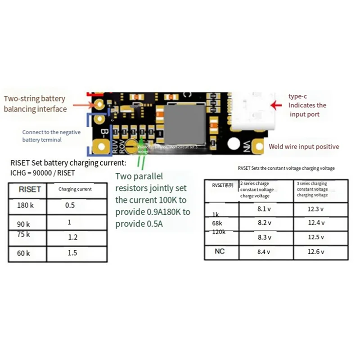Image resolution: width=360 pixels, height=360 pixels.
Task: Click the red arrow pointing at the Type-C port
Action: [x=278, y=105]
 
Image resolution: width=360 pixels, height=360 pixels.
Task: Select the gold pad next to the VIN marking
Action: [x=258, y=147]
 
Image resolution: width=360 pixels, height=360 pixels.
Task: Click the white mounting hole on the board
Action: [x=234, y=144]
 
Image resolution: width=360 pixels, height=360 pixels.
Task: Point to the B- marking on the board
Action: [x=105, y=134]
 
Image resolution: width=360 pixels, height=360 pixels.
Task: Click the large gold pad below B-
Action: [x=99, y=147]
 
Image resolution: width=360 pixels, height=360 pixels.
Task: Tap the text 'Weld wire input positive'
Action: [x=304, y=146]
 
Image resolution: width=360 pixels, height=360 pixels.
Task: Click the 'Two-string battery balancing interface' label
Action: [x=35, y=103]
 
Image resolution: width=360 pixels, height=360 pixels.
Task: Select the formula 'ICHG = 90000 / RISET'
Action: [x=42, y=172]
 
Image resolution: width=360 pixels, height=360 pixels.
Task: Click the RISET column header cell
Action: [x=30, y=189]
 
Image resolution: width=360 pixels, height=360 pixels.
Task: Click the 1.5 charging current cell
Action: [x=72, y=253]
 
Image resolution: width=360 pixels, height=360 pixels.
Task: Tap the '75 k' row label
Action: [x=23, y=234]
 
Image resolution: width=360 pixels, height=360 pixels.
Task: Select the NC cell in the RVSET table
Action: [x=220, y=252]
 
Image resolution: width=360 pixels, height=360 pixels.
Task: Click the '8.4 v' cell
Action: [x=264, y=252]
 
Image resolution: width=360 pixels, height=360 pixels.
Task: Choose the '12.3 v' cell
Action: [x=316, y=209]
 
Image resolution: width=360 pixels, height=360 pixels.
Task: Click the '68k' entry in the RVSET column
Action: [x=217, y=223]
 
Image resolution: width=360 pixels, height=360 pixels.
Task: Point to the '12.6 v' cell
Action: [x=316, y=252]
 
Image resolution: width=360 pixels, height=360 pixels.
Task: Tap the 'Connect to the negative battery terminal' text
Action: [x=51, y=136]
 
